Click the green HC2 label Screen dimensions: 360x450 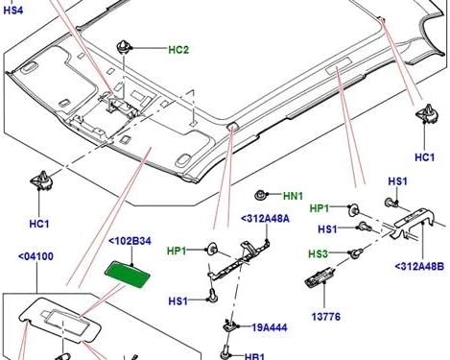coord(178,50)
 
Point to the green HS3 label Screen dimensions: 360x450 coord(318,252)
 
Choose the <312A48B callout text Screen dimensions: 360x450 coord(418,266)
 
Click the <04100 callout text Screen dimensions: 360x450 coord(35,256)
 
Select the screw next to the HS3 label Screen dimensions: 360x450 coord(353,253)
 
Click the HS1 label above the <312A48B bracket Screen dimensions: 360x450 coord(397,180)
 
